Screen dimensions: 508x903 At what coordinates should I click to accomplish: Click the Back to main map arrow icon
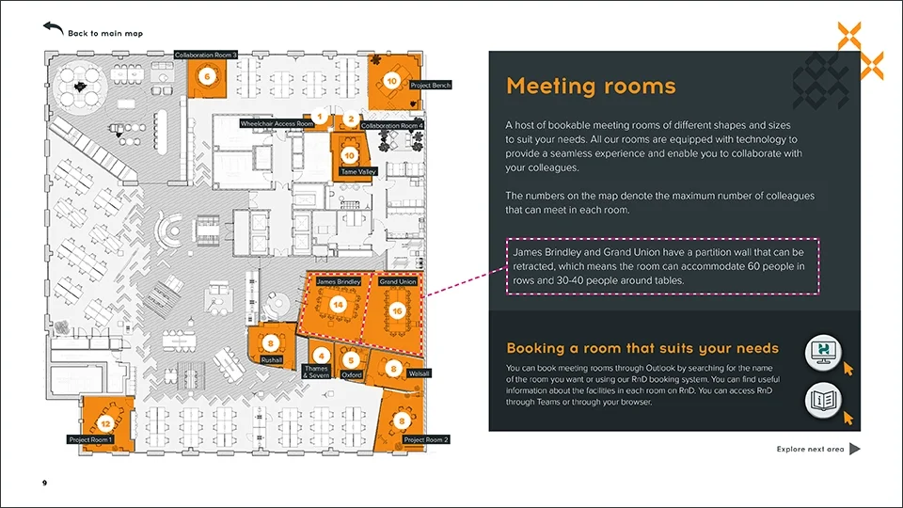pyautogui.click(x=53, y=29)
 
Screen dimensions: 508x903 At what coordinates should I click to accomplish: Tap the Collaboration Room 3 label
pyautogui.click(x=206, y=56)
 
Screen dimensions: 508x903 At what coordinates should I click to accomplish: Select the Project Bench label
pyautogui.click(x=431, y=86)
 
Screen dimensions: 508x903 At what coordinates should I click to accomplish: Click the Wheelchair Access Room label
pyautogui.click(x=277, y=123)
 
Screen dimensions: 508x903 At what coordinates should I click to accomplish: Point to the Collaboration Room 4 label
pyautogui.click(x=392, y=125)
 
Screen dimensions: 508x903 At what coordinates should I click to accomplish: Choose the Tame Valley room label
pyautogui.click(x=358, y=172)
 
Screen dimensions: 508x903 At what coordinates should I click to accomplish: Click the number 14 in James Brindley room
pyautogui.click(x=338, y=305)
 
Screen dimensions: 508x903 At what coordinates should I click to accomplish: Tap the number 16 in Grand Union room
pyautogui.click(x=397, y=310)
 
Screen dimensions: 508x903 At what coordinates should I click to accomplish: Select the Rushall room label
pyautogui.click(x=272, y=359)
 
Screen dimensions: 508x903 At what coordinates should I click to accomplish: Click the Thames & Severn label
pyautogui.click(x=316, y=372)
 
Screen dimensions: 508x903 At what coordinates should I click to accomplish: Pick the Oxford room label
pyautogui.click(x=352, y=374)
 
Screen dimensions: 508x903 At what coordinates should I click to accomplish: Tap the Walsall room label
pyautogui.click(x=419, y=373)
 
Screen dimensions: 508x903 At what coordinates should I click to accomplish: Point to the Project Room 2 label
pyautogui.click(x=426, y=439)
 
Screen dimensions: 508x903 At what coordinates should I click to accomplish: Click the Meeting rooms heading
pyautogui.click(x=591, y=87)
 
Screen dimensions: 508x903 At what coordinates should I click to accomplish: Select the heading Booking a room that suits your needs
pyautogui.click(x=642, y=348)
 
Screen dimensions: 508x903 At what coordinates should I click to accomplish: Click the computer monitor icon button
pyautogui.click(x=824, y=351)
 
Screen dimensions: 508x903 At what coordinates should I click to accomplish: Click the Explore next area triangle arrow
pyautogui.click(x=854, y=449)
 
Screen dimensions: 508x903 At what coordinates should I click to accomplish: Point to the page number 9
pyautogui.click(x=44, y=483)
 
